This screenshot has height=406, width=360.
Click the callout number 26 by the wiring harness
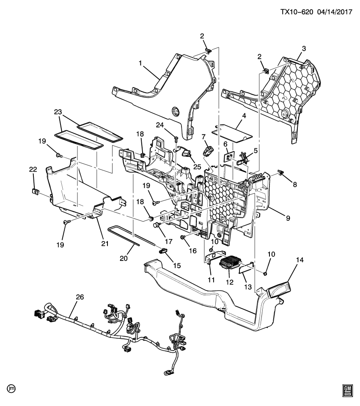(x=80, y=297)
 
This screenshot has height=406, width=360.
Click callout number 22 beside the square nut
(x=33, y=169)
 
